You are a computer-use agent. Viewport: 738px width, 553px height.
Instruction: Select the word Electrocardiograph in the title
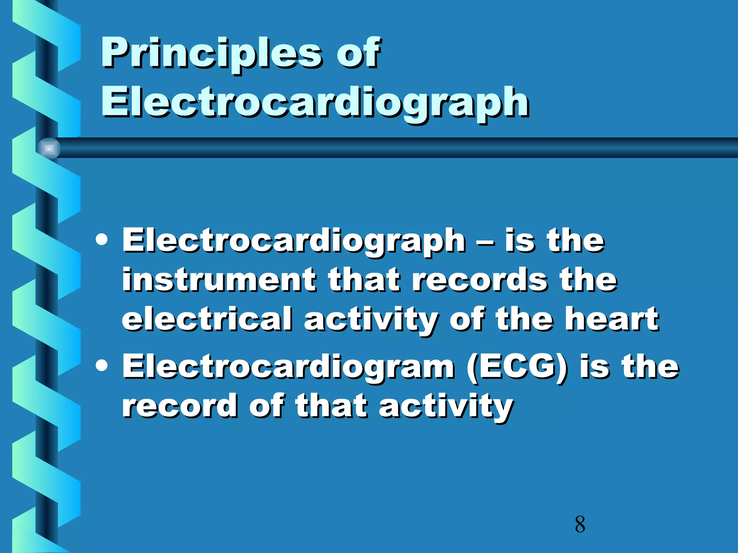click(315, 103)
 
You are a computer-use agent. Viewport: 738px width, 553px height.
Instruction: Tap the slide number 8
click(580, 524)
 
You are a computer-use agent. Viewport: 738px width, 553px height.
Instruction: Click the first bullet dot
click(102, 240)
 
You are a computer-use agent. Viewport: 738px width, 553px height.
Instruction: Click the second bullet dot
click(102, 365)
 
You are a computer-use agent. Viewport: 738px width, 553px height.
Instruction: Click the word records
click(479, 280)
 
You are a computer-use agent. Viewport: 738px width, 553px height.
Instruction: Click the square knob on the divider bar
click(49, 148)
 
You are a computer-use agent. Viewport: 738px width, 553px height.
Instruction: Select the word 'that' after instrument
click(364, 280)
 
